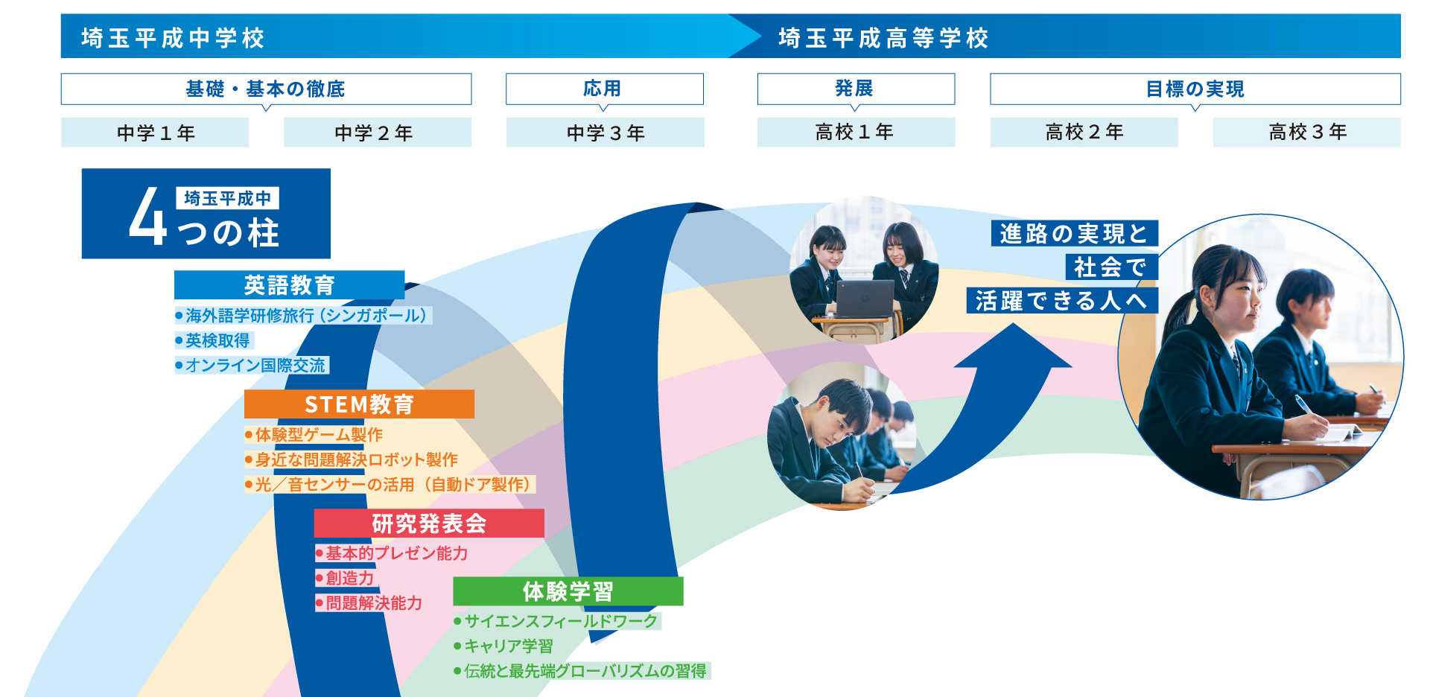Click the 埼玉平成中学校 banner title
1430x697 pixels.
click(x=173, y=37)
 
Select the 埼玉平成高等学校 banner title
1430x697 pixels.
click(x=883, y=37)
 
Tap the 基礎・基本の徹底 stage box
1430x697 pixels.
click(x=266, y=89)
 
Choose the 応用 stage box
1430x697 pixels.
click(x=604, y=89)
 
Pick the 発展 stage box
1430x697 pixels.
click(x=856, y=89)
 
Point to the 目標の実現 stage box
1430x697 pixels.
click(x=1195, y=89)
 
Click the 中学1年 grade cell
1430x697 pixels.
click(x=155, y=133)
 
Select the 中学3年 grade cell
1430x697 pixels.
click(x=605, y=133)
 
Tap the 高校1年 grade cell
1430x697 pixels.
click(x=856, y=132)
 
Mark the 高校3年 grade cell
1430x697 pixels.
click(x=1306, y=132)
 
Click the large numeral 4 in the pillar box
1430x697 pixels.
click(x=147, y=216)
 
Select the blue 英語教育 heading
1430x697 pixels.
click(x=289, y=284)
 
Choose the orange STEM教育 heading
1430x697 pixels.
click(x=359, y=404)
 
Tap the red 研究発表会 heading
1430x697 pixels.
click(x=429, y=523)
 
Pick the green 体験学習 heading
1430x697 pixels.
click(x=568, y=591)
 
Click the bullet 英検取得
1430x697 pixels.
click(x=214, y=340)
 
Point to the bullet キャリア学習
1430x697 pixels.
click(x=503, y=646)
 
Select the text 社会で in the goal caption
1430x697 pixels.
click(x=1110, y=267)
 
